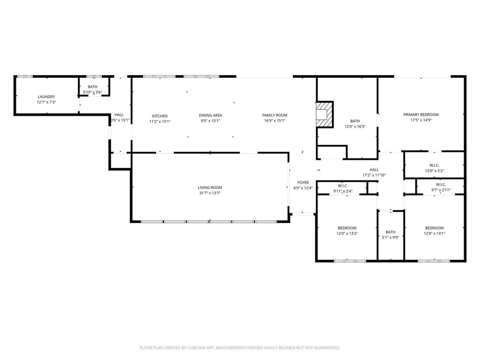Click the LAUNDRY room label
[x=46, y=97]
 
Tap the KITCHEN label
[x=159, y=116]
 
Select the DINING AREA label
[x=210, y=115]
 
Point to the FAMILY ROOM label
[x=274, y=115]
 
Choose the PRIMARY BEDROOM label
[x=421, y=115]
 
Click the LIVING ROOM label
[x=210, y=187]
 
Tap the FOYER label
[x=303, y=182]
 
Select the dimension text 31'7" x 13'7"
[x=210, y=193]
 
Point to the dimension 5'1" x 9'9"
[x=390, y=237]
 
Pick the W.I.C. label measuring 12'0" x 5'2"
[x=434, y=165]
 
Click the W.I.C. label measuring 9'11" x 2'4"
[x=343, y=185]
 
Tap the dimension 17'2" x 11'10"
[x=374, y=175]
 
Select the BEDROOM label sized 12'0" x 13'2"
[x=346, y=228]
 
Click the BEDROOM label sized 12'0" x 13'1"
[x=434, y=228]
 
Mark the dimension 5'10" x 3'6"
[x=92, y=92]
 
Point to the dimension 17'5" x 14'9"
[x=421, y=120]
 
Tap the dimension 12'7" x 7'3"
[x=46, y=102]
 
